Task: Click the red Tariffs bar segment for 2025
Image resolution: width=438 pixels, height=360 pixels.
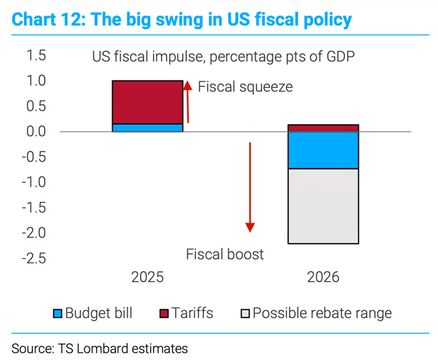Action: click(147, 102)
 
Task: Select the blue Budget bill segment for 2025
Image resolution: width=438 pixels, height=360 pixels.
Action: click(147, 128)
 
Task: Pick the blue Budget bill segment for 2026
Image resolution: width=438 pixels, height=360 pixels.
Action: click(323, 150)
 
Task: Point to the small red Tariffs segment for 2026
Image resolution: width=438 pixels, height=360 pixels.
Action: click(323, 128)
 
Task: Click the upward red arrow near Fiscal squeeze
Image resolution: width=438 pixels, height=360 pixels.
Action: click(187, 102)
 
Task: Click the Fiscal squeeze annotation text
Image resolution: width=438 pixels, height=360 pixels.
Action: click(245, 87)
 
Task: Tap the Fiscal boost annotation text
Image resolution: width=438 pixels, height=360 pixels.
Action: click(225, 254)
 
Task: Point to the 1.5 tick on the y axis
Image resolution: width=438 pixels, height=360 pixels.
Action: click(34, 56)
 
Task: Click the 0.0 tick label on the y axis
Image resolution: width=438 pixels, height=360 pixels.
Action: click(34, 132)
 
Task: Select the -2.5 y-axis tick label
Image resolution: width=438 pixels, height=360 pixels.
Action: click(31, 258)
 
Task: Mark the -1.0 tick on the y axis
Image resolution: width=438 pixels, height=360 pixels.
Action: click(31, 182)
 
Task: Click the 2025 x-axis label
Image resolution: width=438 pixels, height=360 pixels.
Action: click(147, 277)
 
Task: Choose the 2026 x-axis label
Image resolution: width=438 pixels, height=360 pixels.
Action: click(323, 277)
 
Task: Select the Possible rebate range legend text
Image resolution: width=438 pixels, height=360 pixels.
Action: click(322, 314)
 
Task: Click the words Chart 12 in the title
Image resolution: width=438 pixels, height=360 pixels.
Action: click(47, 20)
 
